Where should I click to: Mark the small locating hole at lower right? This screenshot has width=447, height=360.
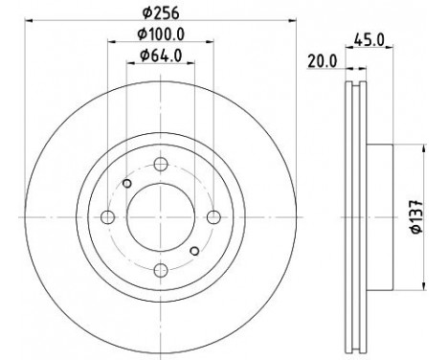pyautogui.click(x=194, y=252)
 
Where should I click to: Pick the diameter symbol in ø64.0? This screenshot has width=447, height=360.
pyautogui.click(x=145, y=56)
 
